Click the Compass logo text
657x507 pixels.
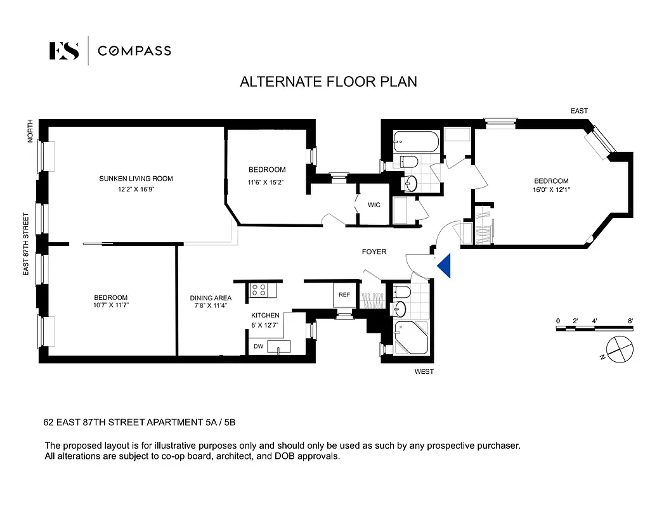(134, 51)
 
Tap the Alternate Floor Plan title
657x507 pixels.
(328, 82)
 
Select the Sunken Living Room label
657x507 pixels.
(136, 179)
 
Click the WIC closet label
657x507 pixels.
(374, 205)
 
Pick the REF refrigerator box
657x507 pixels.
(344, 295)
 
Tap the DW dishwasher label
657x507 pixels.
(258, 347)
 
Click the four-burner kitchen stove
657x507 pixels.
(259, 290)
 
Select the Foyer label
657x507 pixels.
(374, 252)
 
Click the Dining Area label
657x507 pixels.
(211, 298)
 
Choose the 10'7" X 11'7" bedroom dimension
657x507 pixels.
(111, 305)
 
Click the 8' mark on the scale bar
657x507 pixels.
(630, 321)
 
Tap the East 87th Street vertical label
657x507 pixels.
(27, 244)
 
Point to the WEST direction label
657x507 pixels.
(424, 371)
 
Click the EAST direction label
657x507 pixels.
(579, 111)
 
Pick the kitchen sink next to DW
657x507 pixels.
(279, 346)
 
